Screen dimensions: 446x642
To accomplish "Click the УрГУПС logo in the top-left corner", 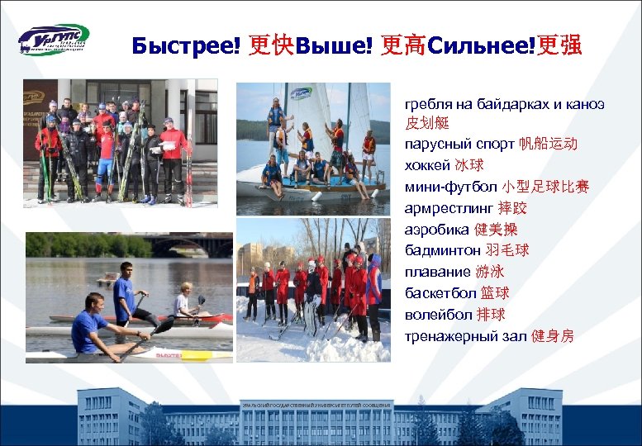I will [54, 40].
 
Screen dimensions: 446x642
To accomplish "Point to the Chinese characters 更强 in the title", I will [559, 45].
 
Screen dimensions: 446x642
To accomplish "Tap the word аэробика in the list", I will [437, 230].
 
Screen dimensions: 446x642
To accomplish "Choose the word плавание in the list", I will [437, 272].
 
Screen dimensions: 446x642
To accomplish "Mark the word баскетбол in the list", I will [440, 293].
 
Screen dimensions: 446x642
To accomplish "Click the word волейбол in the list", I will [437, 315].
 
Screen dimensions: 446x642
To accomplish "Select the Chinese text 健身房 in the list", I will [553, 336].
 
